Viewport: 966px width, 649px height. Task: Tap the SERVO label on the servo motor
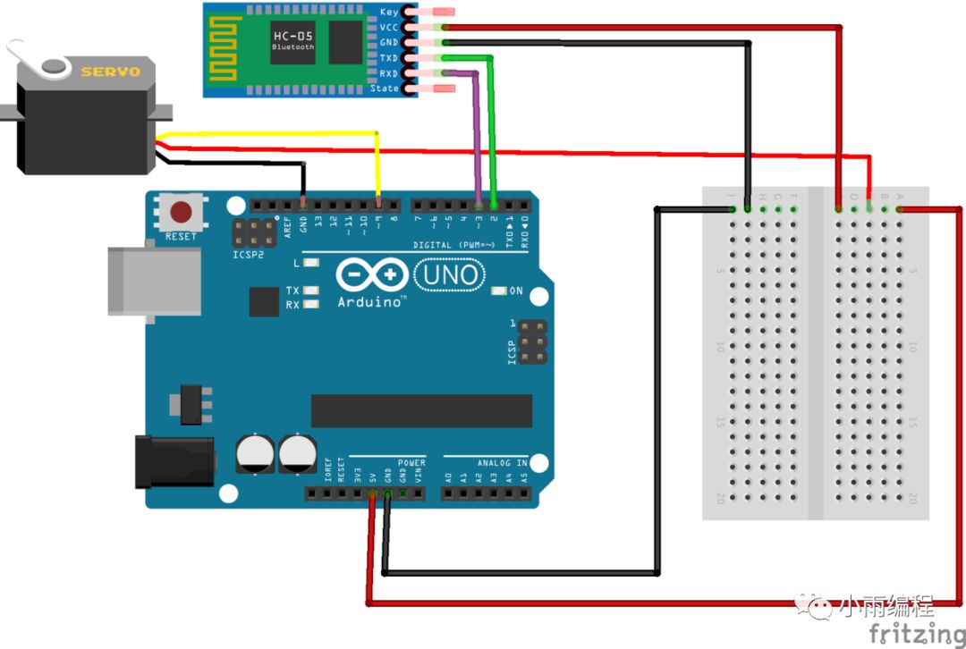point(111,72)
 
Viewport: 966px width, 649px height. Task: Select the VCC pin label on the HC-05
point(388,28)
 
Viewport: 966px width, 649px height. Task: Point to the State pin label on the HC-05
point(385,88)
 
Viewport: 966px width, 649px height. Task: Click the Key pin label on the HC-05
point(389,13)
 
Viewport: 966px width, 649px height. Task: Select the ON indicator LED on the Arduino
point(500,291)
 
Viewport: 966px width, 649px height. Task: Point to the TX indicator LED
point(311,291)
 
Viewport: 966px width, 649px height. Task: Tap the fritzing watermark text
point(916,634)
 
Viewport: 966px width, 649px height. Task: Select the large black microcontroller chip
point(421,411)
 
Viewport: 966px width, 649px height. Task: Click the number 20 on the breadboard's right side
point(912,498)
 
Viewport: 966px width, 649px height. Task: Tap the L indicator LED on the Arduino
point(311,263)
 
